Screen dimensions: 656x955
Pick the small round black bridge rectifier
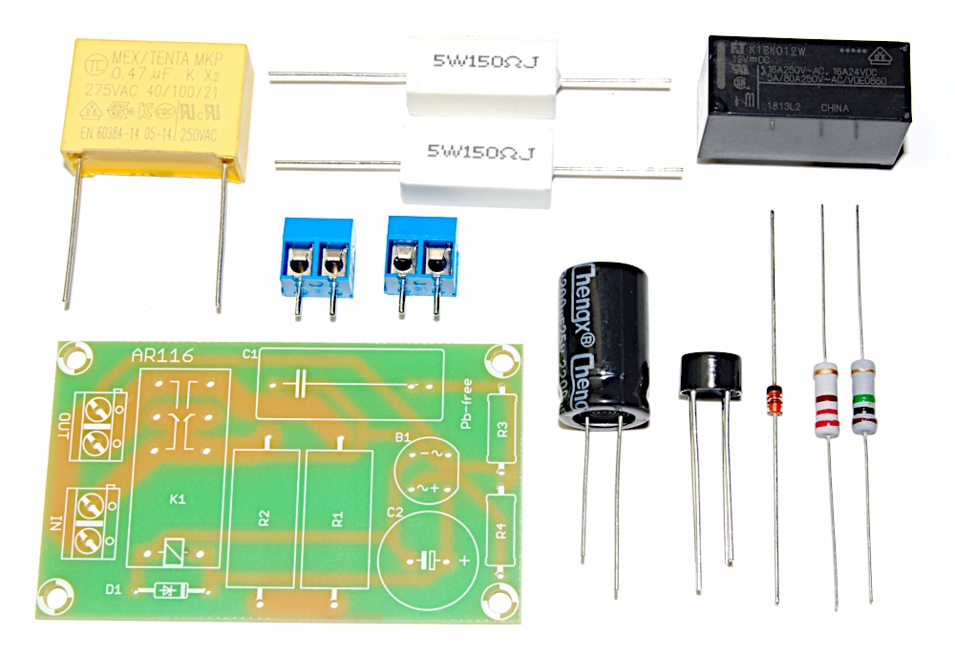711,374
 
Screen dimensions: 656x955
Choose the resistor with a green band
862,397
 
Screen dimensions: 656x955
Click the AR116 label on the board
161,357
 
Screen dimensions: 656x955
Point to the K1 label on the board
178,499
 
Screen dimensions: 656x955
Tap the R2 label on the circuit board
265,518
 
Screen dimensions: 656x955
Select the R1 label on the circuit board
337,518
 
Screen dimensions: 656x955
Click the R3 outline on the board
499,426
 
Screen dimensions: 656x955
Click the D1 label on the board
114,589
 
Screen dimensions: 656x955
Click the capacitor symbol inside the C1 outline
299,384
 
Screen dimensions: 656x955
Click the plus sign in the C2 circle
465,561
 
